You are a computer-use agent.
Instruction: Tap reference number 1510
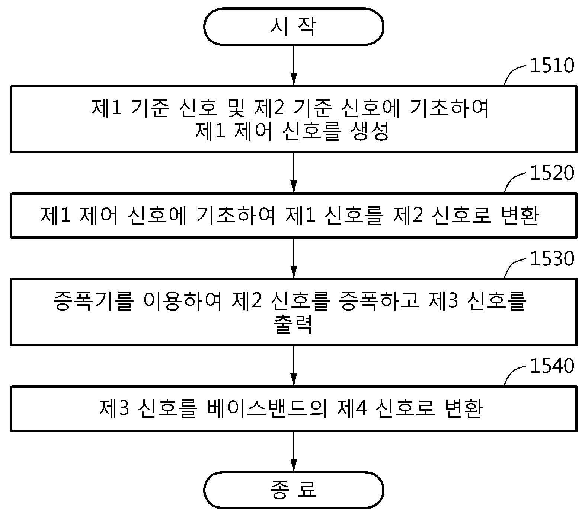coord(552,66)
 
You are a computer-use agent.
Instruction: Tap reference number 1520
coord(552,173)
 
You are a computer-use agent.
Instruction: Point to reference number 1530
coord(552,259)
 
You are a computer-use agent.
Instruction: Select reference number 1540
coord(552,366)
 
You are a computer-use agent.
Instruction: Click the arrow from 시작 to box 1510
coord(294,66)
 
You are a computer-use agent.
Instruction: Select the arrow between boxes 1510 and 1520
coord(294,173)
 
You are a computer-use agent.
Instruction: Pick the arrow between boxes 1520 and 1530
coord(294,258)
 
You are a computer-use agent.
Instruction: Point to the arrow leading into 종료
coord(294,451)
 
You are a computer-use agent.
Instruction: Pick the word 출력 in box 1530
coord(293,325)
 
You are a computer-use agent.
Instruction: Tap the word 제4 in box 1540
coord(352,409)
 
